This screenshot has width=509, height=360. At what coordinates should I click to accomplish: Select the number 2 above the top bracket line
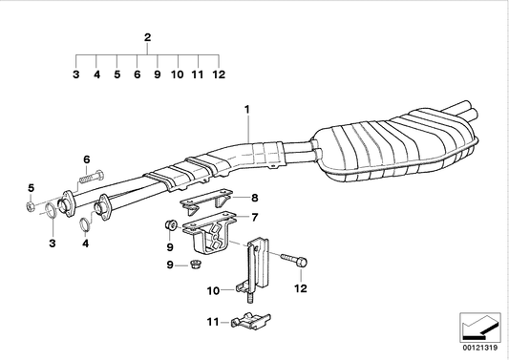pos(147,37)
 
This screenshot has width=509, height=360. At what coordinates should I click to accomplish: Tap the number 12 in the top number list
pos(218,74)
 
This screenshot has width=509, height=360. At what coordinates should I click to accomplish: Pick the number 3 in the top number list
pos(76,74)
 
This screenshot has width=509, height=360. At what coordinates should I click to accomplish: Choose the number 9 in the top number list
pos(157,74)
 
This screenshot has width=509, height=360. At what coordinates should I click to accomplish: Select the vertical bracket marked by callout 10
pos(255,272)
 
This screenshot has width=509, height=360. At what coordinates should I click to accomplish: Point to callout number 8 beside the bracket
pos(255,198)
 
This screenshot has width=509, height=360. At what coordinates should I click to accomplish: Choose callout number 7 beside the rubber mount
pos(255,218)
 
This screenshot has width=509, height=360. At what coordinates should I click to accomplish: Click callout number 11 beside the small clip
pos(214,322)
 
